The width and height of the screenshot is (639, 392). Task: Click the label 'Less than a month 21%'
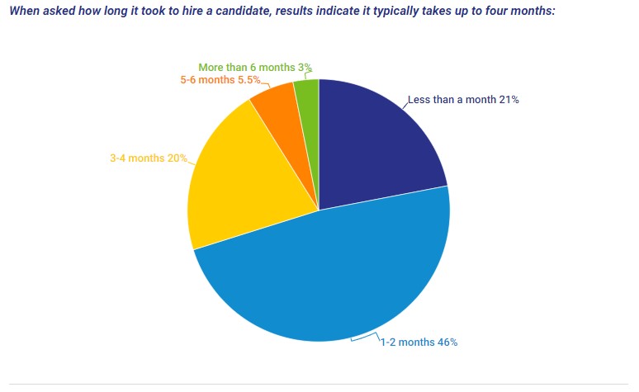462,100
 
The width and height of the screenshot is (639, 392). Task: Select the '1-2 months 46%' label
418,342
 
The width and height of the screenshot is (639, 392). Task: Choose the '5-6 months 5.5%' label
220,80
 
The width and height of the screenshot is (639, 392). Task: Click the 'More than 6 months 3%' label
255,68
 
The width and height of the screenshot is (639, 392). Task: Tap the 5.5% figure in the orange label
248,80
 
